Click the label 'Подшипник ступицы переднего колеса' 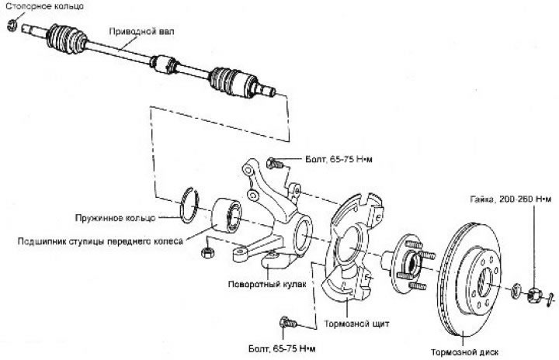(100, 241)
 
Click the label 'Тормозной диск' (467, 351)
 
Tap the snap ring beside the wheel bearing (189, 208)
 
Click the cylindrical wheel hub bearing (228, 217)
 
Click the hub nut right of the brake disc (534, 293)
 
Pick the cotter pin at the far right (548, 297)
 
